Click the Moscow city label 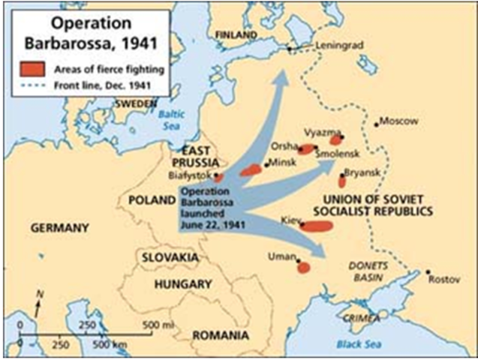pos(400,121)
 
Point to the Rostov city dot pos(428,271)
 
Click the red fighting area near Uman pos(304,267)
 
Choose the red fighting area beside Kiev pos(317,226)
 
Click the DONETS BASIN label pos(365,272)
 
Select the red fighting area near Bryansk pos(342,181)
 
